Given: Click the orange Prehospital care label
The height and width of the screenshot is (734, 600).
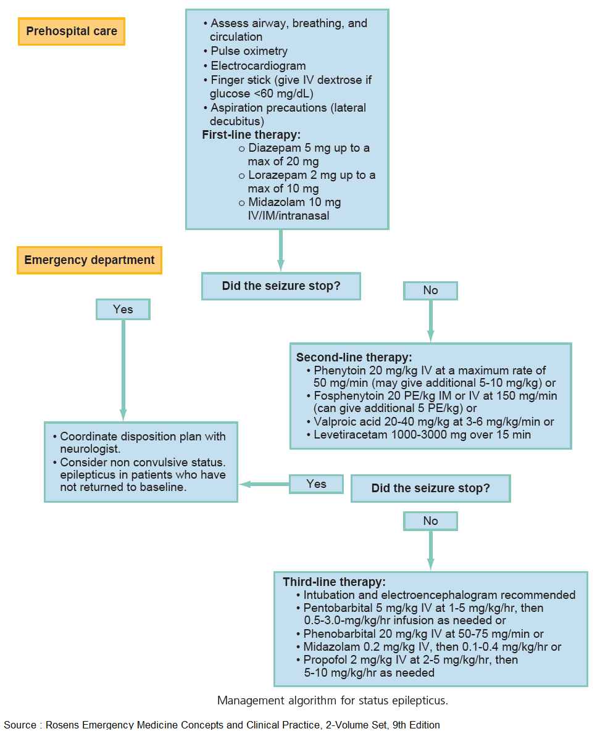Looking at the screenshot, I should pyautogui.click(x=72, y=31).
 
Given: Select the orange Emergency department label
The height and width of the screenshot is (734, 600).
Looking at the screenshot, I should pyautogui.click(x=90, y=260).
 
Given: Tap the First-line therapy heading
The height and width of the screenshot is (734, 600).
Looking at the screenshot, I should pyautogui.click(x=251, y=135).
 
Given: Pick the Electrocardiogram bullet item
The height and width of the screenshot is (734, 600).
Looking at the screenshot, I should pyautogui.click(x=258, y=66).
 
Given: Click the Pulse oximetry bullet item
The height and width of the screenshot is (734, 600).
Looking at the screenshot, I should pyautogui.click(x=249, y=51).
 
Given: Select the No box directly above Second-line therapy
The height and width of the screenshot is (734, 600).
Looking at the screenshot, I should pyautogui.click(x=430, y=291).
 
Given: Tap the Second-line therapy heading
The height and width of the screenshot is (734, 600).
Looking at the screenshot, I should pyautogui.click(x=354, y=357).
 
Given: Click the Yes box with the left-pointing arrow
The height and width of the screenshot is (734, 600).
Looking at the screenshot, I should pyautogui.click(x=316, y=484).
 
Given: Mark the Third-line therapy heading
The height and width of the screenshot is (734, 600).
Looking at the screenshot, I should pyautogui.click(x=334, y=582).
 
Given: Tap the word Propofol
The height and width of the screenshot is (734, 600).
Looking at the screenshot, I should pyautogui.click(x=324, y=660).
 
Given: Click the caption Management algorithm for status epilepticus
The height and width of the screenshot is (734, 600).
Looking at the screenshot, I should pyautogui.click(x=332, y=701).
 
